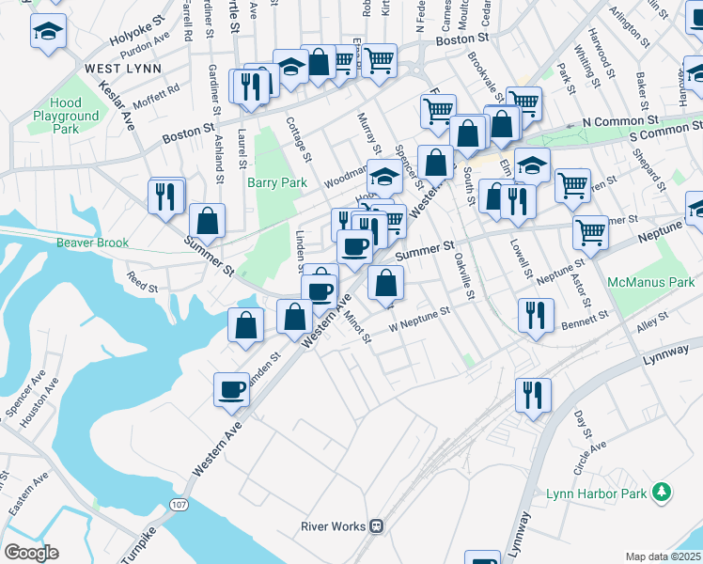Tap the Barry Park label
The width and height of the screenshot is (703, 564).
[x=277, y=182]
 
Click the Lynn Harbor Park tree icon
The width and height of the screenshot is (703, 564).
[x=664, y=492]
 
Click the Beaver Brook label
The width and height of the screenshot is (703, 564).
[x=91, y=243]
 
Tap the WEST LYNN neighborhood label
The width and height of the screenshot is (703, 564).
[x=122, y=69]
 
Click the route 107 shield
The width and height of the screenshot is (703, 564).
[x=178, y=505]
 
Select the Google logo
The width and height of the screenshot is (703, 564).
[x=31, y=552]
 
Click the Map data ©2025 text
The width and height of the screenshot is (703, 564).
[x=663, y=556]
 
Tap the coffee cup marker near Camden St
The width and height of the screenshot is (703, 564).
[x=231, y=388]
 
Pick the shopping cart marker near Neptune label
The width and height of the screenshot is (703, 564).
[x=589, y=229]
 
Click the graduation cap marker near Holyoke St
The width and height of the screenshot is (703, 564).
[x=46, y=32]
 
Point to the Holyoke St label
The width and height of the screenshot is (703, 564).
[x=136, y=37]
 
